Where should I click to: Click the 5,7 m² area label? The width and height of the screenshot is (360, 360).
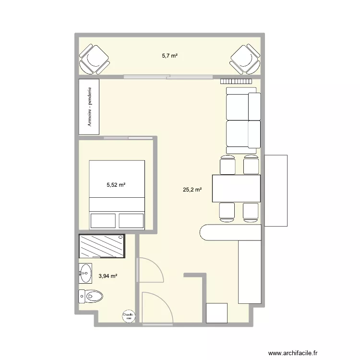click(169, 56)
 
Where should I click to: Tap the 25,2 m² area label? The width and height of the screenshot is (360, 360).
click(192, 190)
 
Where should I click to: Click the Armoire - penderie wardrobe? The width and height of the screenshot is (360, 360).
click(89, 107)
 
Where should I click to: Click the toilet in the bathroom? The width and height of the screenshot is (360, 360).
click(91, 297)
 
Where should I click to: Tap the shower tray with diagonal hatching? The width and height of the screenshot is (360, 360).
click(102, 246)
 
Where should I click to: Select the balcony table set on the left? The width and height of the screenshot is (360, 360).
click(94, 60)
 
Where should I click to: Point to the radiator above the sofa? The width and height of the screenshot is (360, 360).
click(237, 82)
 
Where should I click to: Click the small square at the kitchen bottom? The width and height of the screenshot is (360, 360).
click(216, 313)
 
